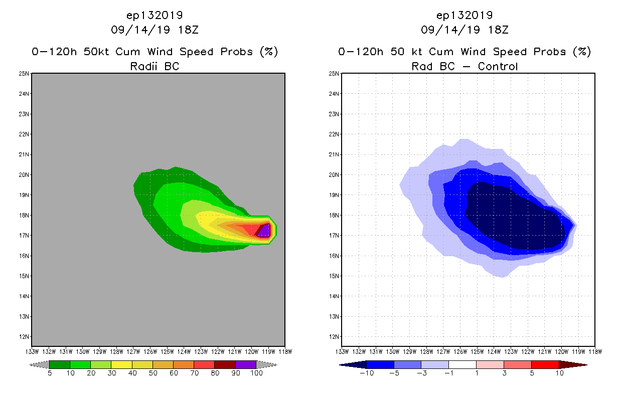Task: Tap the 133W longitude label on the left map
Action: pyautogui.click(x=32, y=351)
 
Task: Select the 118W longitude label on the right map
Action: pyautogui.click(x=595, y=351)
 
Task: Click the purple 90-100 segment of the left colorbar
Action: pyautogui.click(x=246, y=364)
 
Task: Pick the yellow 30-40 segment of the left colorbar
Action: pyautogui.click(x=121, y=364)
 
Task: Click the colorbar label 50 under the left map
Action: pyautogui.click(x=152, y=373)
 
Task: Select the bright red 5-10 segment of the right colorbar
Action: pyautogui.click(x=545, y=364)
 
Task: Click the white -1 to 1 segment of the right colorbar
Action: pyautogui.click(x=462, y=364)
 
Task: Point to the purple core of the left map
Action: pyautogui.click(x=265, y=231)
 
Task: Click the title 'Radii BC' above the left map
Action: pyautogui.click(x=154, y=66)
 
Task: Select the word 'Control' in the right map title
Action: pyautogui.click(x=498, y=66)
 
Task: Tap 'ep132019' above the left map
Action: pyautogui.click(x=154, y=15)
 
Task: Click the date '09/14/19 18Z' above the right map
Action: pyautogui.click(x=464, y=30)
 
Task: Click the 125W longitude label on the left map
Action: pyautogui.click(x=167, y=351)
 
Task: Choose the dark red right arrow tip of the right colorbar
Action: pyautogui.click(x=579, y=364)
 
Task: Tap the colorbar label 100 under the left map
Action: pyautogui.click(x=256, y=373)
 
